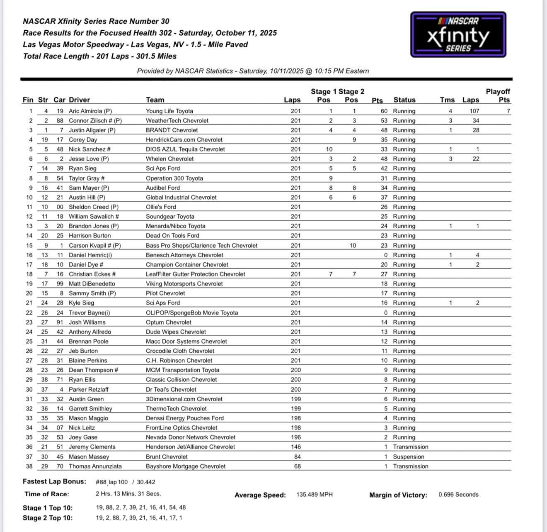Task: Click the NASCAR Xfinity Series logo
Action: click(458, 34)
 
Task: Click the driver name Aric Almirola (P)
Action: click(90, 111)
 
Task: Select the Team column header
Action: click(155, 100)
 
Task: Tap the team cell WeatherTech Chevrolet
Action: click(177, 121)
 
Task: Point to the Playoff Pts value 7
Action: click(508, 111)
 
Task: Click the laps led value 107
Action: click(474, 111)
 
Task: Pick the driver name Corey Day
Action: click(83, 140)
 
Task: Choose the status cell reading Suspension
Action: click(409, 457)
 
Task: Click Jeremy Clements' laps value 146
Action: click(296, 447)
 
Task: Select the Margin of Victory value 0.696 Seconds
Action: click(458, 495)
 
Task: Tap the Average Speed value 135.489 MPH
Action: click(315, 495)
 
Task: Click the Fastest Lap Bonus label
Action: click(54, 482)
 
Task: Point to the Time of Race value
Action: click(128, 494)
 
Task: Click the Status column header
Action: click(404, 100)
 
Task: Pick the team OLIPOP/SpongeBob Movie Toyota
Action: click(192, 313)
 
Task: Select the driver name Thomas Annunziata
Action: click(95, 466)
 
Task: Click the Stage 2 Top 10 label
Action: click(48, 518)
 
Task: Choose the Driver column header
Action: click(79, 100)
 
